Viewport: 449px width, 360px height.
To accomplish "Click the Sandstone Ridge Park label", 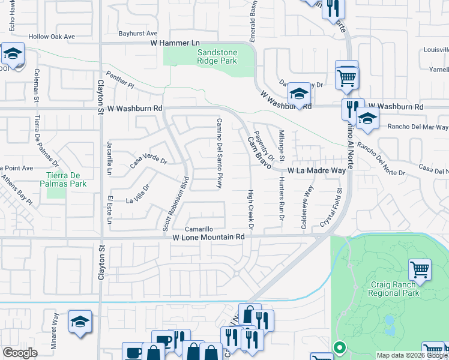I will [x=217, y=57].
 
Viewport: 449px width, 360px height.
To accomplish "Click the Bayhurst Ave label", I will [x=137, y=34].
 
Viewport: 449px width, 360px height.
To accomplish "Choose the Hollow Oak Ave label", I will [x=55, y=37].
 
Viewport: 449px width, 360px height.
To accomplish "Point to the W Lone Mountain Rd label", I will [x=208, y=238].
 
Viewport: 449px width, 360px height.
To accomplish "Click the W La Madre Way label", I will [x=316, y=171].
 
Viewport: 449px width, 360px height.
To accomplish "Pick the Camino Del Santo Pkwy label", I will [x=219, y=152].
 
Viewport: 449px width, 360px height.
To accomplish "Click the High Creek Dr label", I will [x=252, y=211].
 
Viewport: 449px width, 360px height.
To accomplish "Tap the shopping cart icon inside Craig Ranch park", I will [x=420, y=269].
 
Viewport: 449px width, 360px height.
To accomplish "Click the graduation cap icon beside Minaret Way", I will [x=80, y=321].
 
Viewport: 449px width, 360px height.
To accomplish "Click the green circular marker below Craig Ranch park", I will [x=339, y=347].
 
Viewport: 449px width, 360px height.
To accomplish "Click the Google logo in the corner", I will [x=20, y=353].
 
